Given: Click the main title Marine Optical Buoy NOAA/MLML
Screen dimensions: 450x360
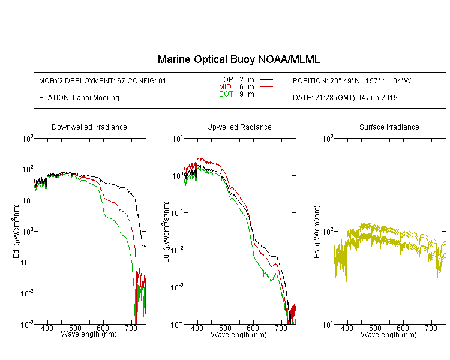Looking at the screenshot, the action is click(238, 59).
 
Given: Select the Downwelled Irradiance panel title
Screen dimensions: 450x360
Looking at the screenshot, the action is click(89, 127).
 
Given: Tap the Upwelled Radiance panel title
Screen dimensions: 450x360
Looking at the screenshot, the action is click(239, 127).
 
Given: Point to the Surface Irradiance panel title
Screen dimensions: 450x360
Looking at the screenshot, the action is click(389, 127).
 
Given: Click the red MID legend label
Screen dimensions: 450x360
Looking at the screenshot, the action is click(225, 86).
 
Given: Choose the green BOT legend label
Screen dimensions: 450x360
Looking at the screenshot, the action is click(226, 94).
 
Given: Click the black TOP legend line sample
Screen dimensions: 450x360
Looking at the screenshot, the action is click(266, 80).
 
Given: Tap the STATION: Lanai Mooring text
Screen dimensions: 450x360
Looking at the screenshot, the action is click(79, 98).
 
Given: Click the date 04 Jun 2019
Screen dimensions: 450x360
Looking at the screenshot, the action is click(377, 98).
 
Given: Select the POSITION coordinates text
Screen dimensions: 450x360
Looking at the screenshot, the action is click(352, 80).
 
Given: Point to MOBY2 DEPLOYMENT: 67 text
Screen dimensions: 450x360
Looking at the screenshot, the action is click(82, 80).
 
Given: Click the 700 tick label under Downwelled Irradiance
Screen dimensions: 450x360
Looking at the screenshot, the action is click(131, 328).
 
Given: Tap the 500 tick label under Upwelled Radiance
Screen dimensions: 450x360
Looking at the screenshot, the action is click(225, 328).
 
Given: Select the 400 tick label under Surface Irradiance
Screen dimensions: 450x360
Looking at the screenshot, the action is click(347, 328).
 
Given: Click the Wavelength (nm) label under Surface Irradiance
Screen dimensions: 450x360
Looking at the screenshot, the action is click(389, 334).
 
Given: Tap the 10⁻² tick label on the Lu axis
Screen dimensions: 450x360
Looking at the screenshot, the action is click(176, 250).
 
